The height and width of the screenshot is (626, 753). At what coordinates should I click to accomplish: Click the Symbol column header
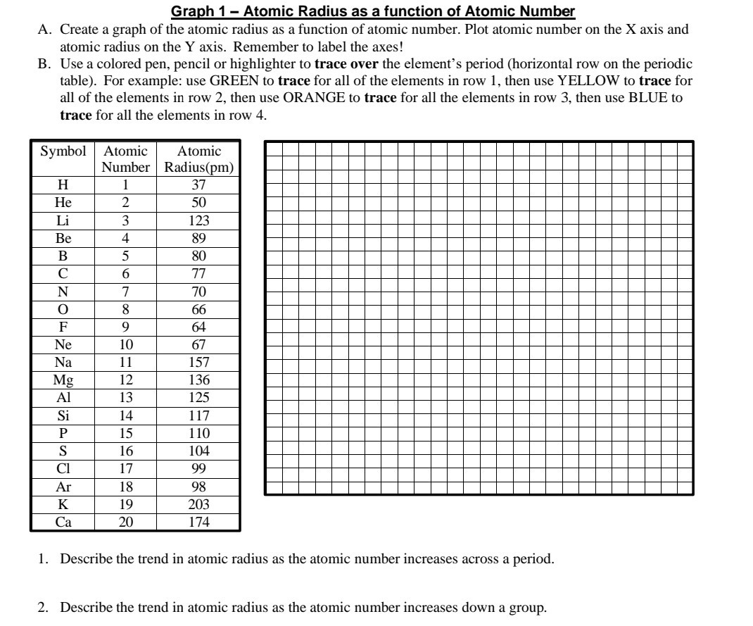pyautogui.click(x=63, y=151)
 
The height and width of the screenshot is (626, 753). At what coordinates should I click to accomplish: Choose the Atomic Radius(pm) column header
pyautogui.click(x=199, y=160)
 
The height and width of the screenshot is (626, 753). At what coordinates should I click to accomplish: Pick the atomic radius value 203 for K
pyautogui.click(x=199, y=505)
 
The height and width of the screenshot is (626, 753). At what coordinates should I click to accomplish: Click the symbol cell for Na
pyautogui.click(x=63, y=363)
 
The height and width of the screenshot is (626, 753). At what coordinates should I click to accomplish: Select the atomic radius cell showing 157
pyautogui.click(x=199, y=363)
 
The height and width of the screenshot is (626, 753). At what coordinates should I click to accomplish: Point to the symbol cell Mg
pyautogui.click(x=63, y=380)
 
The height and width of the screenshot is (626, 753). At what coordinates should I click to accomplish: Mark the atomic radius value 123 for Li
pyautogui.click(x=199, y=220)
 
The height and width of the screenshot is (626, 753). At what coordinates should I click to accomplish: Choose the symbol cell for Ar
pyautogui.click(x=63, y=487)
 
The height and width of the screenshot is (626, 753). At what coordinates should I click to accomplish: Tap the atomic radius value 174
pyautogui.click(x=199, y=522)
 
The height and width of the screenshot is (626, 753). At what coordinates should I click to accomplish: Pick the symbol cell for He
pyautogui.click(x=63, y=203)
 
